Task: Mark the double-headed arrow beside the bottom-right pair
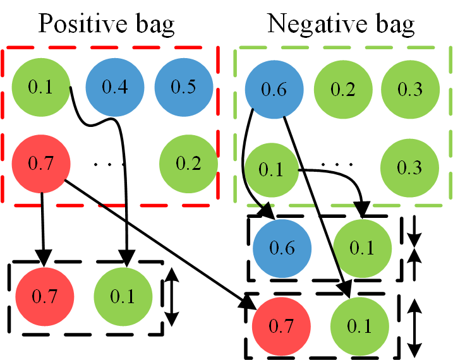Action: coord(415,327)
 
